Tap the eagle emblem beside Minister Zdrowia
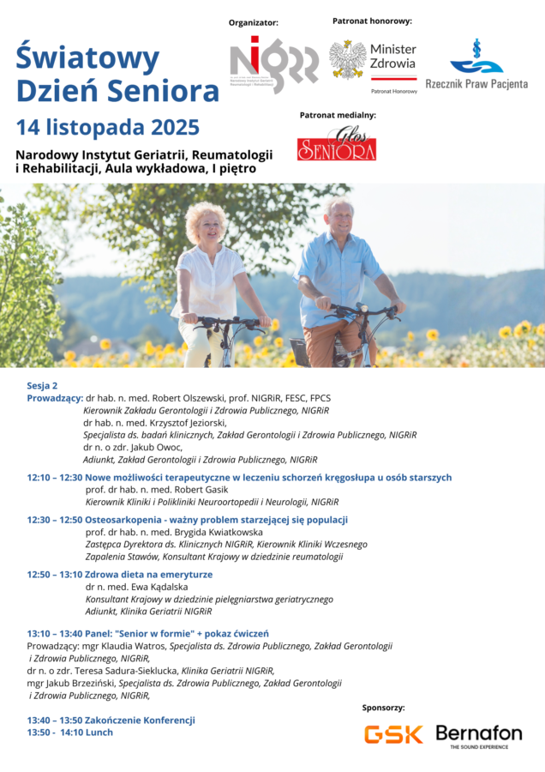(348, 59)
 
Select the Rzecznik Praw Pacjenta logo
(476, 65)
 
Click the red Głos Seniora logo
(337, 144)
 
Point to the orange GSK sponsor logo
(393, 733)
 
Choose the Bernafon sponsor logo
(478, 735)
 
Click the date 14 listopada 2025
(108, 128)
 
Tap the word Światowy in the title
(87, 58)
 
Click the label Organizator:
(254, 22)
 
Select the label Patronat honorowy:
(372, 20)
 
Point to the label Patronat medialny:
(338, 114)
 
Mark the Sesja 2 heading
(42, 385)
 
